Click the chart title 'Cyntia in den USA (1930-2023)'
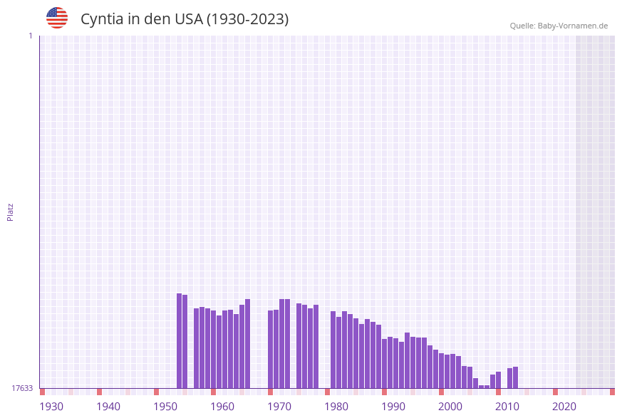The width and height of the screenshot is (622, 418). [185, 19]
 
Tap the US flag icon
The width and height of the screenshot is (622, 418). [57, 18]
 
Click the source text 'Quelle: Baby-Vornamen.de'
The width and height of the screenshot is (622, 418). [559, 26]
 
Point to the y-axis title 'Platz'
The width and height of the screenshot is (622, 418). [11, 211]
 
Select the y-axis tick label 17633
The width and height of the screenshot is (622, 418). [22, 388]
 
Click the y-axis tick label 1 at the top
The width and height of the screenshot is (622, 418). [30, 36]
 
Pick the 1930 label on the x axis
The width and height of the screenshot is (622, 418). [51, 407]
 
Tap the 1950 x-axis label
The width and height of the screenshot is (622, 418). [165, 407]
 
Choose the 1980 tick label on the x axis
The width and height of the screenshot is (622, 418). [336, 407]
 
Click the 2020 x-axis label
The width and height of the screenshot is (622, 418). [564, 407]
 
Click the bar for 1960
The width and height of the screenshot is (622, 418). [214, 349]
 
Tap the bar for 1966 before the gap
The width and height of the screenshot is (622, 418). [248, 343]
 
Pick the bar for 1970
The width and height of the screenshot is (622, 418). [271, 349]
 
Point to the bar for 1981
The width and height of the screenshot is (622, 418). [333, 350]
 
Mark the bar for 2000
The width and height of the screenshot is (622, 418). [442, 370]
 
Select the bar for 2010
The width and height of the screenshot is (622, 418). [499, 380]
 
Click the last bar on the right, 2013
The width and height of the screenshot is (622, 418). [516, 377]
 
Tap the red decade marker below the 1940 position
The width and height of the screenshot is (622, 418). [100, 392]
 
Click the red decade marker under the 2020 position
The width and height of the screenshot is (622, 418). [556, 392]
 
